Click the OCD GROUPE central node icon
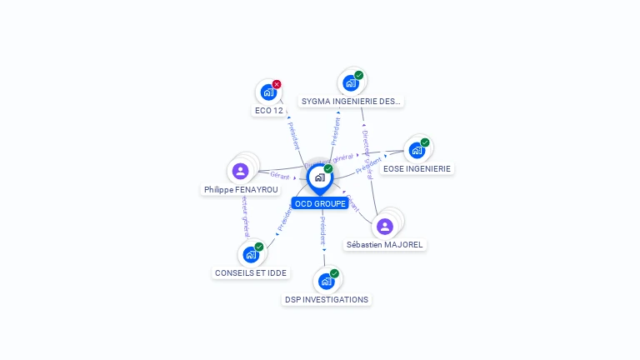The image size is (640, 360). point(319,177)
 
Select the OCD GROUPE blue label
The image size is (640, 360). point(320,203)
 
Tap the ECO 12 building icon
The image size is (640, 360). point(267,92)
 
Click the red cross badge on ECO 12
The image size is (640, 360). point(277,84)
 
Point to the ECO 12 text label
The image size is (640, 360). point(268,110)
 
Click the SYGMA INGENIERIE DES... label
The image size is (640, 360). point(351,102)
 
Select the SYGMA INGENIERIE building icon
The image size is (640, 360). point(351,83)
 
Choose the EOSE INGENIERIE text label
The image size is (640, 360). point(417,168)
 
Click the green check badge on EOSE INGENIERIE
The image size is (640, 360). point(424,142)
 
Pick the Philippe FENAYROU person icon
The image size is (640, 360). point(241,171)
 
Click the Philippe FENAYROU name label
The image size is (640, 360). point(242,190)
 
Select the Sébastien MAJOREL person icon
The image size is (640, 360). point(384,226)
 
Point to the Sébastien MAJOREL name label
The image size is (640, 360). point(385,245)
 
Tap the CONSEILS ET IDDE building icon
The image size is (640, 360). point(250,255)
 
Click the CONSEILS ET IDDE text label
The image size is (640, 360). point(251,272)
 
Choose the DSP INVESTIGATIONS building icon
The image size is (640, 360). point(326,282)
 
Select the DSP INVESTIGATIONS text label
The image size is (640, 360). point(326,299)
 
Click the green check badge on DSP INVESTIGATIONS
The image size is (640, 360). point(334,273)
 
